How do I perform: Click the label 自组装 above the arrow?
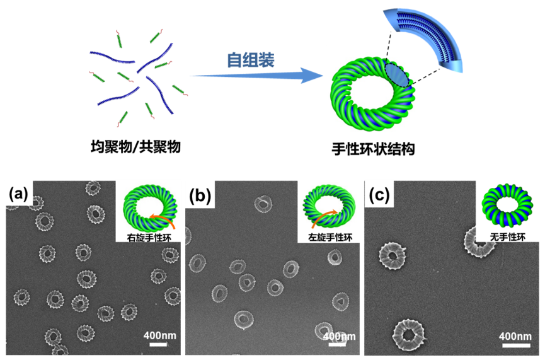tap(251, 60)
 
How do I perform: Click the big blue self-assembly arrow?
tap(252, 76)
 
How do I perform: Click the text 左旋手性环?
tap(326, 238)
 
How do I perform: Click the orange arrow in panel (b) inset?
tap(315, 219)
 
